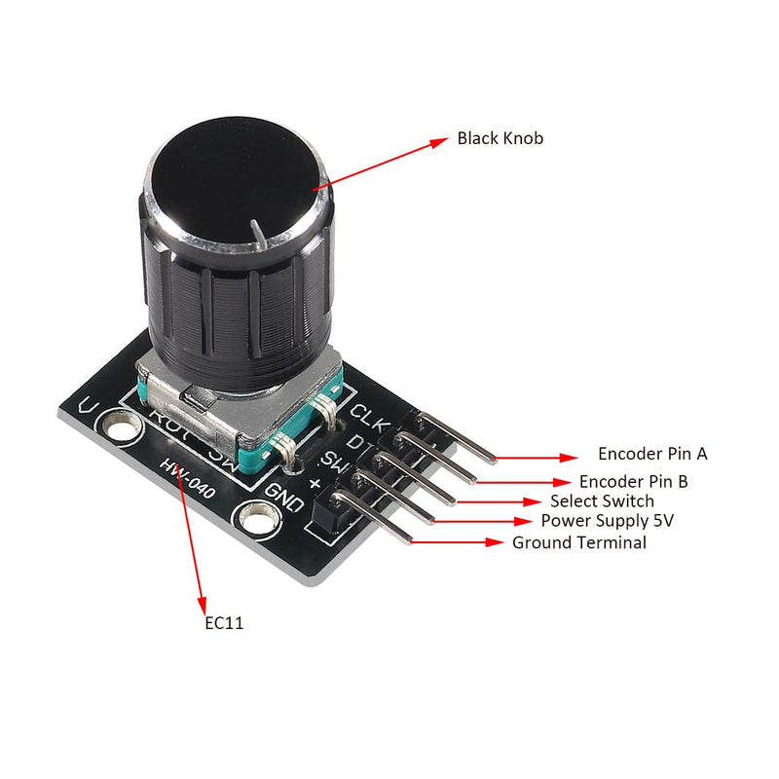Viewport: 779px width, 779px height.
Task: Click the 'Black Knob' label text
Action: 501,138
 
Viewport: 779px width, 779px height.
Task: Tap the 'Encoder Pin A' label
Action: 652,454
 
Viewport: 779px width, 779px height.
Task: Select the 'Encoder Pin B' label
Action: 634,481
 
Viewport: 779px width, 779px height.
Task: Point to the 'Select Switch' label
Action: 602,501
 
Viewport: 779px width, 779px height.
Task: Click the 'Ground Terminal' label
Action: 578,543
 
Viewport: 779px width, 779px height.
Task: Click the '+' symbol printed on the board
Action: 315,484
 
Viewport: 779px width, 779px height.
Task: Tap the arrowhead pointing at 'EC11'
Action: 203,602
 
